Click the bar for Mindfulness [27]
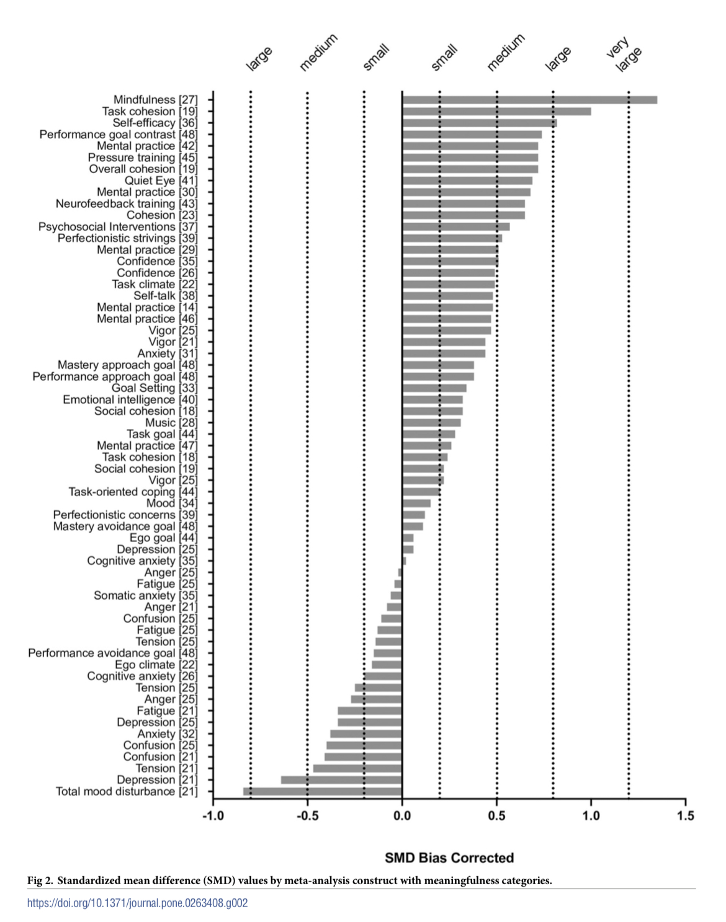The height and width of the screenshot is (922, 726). click(x=529, y=100)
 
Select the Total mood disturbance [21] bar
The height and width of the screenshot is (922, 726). click(x=323, y=791)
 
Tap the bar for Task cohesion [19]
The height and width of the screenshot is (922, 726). click(x=496, y=112)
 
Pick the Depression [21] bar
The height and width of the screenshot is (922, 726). click(x=341, y=780)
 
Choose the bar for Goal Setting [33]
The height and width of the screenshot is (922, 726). click(x=434, y=388)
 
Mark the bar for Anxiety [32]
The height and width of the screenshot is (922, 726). click(x=366, y=734)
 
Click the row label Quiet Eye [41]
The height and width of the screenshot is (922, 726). click(x=161, y=180)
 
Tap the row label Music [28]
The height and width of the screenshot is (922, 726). click(x=171, y=423)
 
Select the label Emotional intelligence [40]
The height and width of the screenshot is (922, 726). click(x=130, y=400)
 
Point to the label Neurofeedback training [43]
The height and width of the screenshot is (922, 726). click(x=127, y=203)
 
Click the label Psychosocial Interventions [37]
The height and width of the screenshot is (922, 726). click(x=118, y=227)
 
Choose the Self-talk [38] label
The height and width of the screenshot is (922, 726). click(x=165, y=296)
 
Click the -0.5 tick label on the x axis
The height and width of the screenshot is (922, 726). click(x=307, y=815)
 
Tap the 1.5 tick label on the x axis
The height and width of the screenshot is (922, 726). click(x=685, y=815)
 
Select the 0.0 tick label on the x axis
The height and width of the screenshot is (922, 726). click(x=402, y=815)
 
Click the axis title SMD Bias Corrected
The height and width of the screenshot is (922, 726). click(x=449, y=858)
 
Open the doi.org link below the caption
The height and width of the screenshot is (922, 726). click(x=137, y=903)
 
